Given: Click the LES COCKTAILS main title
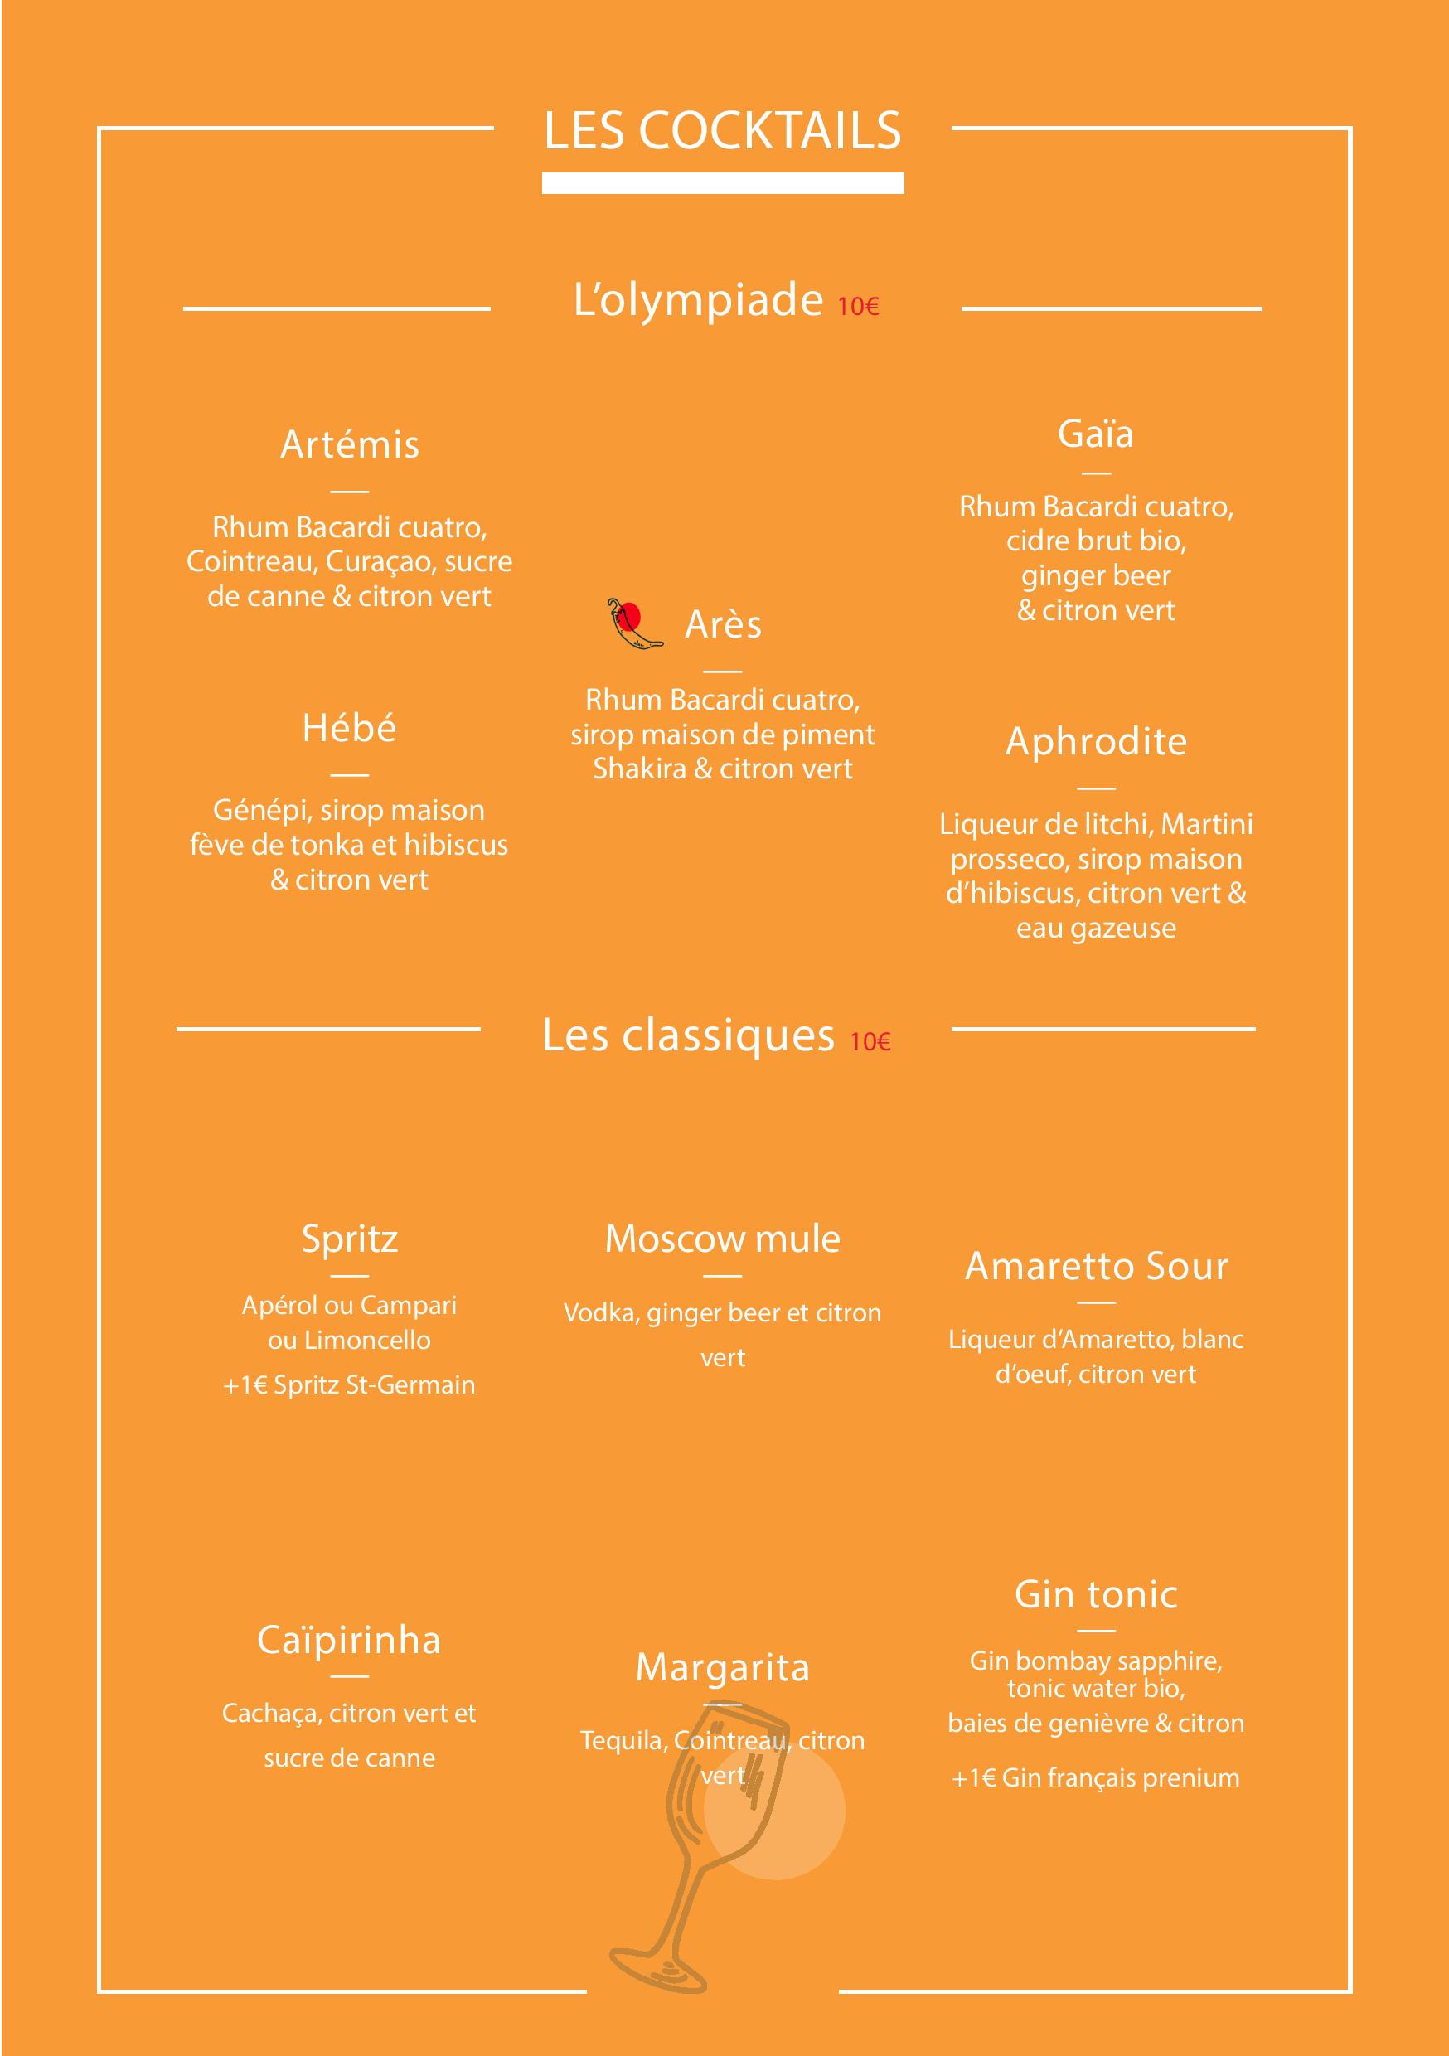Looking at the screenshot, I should click(x=722, y=131).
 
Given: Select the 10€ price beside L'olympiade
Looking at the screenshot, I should click(x=858, y=306).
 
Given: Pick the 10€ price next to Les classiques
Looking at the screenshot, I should click(x=870, y=1041).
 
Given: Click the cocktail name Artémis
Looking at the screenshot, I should click(x=349, y=444).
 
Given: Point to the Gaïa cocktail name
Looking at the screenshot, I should click(x=1095, y=434).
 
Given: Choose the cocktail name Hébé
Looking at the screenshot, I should click(x=349, y=727).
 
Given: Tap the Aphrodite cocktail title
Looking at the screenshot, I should click(x=1096, y=741).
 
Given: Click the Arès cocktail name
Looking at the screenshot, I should click(x=723, y=624).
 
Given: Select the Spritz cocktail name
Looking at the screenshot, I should click(x=349, y=1239).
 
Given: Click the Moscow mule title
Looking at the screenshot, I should click(x=723, y=1239).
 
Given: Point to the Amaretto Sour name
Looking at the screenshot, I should click(x=1096, y=1266).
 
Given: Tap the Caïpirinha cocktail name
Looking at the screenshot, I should click(x=349, y=1640).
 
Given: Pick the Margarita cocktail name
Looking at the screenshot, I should click(x=723, y=1667).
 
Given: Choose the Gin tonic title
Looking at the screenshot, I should click(x=1096, y=1595).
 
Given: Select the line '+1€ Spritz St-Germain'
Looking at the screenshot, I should click(x=349, y=1384).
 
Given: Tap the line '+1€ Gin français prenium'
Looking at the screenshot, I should click(x=1096, y=1777).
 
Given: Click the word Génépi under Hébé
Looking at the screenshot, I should click(x=263, y=811).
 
